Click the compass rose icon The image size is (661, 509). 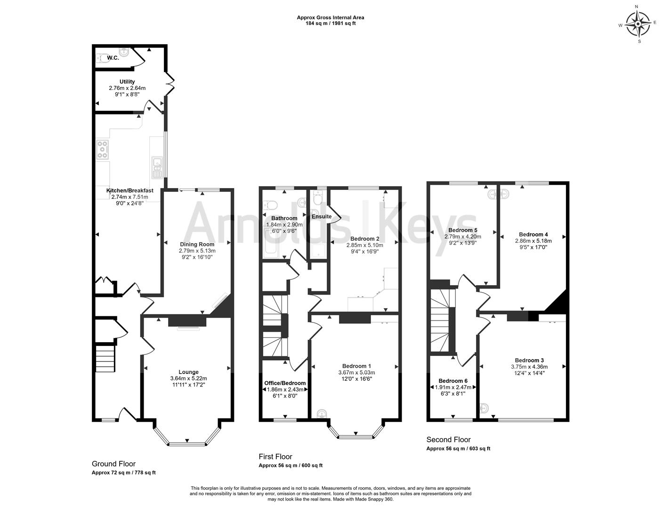[638, 24]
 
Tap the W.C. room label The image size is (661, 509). [113, 57]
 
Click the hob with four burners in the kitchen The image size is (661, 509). [102, 149]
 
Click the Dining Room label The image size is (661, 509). [197, 244]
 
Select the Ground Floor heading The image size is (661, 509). [113, 464]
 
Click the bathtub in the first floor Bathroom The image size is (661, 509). [271, 246]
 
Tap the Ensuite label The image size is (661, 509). [322, 216]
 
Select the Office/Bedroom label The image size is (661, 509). [286, 383]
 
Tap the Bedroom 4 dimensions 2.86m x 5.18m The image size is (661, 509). [533, 241]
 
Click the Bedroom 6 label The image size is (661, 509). [453, 381]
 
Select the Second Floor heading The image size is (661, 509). [448, 440]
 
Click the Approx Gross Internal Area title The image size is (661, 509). [330, 17]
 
